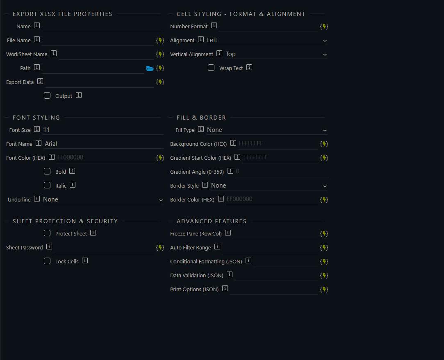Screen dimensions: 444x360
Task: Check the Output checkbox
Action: click(47, 95)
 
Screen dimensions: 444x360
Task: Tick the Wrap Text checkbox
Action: click(211, 68)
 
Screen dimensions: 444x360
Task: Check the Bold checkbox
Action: click(47, 171)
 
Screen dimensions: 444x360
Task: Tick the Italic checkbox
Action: click(47, 185)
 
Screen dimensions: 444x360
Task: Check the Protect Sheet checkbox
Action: click(47, 233)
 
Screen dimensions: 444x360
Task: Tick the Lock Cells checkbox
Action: click(47, 261)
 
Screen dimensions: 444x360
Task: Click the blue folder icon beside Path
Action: click(150, 68)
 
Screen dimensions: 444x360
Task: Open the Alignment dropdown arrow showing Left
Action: click(325, 41)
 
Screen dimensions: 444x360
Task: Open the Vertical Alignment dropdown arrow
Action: click(325, 54)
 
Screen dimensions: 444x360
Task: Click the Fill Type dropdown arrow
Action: click(325, 130)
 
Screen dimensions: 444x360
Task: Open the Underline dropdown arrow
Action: click(161, 200)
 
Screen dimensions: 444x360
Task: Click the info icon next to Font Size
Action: click(37, 129)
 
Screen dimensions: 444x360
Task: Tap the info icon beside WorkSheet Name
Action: click(54, 54)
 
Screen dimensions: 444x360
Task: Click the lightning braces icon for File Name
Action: click(160, 41)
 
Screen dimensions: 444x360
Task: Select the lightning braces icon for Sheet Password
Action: click(160, 248)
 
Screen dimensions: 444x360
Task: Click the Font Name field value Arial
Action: click(51, 144)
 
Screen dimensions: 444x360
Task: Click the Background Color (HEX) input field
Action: click(278, 144)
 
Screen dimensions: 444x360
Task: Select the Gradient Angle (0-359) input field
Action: click(282, 171)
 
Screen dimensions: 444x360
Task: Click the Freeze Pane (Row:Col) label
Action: click(196, 234)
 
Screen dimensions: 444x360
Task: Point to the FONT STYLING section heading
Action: click(36, 118)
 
